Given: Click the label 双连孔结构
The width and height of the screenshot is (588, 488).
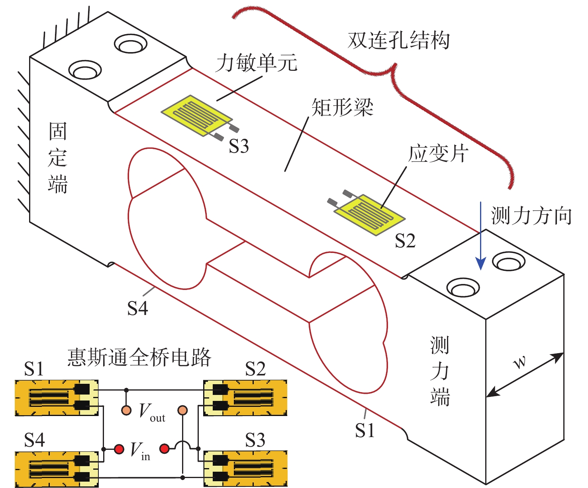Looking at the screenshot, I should [398, 40].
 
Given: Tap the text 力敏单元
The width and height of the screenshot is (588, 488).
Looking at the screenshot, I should [257, 63].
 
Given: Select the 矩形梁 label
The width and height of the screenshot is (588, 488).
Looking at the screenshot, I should [342, 107].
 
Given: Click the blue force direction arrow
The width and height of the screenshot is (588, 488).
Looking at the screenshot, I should [481, 239].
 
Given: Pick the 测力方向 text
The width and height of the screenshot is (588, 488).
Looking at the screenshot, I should [531, 216].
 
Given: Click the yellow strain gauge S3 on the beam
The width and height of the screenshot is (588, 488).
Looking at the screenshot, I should [196, 115].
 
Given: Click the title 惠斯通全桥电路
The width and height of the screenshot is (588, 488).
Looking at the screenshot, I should [139, 357].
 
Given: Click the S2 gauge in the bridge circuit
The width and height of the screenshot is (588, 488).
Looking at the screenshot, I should [245, 398].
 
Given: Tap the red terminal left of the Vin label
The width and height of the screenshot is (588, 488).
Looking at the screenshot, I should [119, 449].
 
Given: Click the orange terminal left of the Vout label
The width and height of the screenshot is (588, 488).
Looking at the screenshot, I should [126, 410].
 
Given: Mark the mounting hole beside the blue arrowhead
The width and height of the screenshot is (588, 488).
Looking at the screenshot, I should [509, 262].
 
